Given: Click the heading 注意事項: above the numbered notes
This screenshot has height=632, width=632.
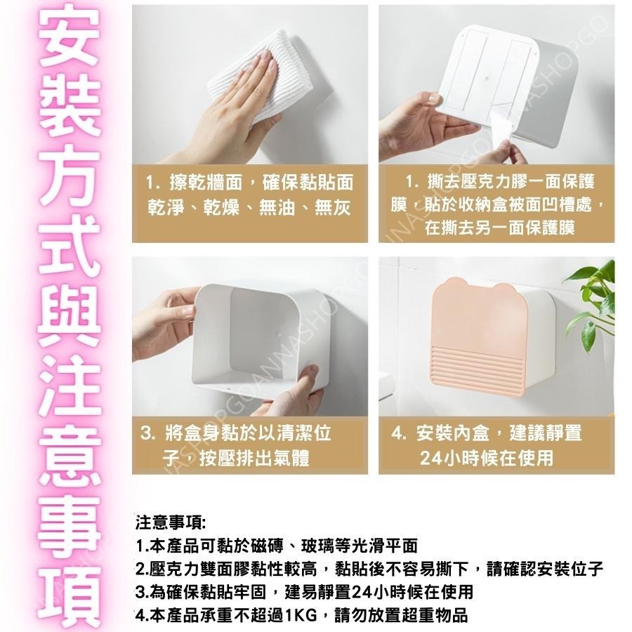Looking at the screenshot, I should click(x=170, y=523).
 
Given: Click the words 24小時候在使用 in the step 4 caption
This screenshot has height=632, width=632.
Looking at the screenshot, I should click(x=487, y=459).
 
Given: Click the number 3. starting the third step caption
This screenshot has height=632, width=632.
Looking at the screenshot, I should click(x=148, y=433).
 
